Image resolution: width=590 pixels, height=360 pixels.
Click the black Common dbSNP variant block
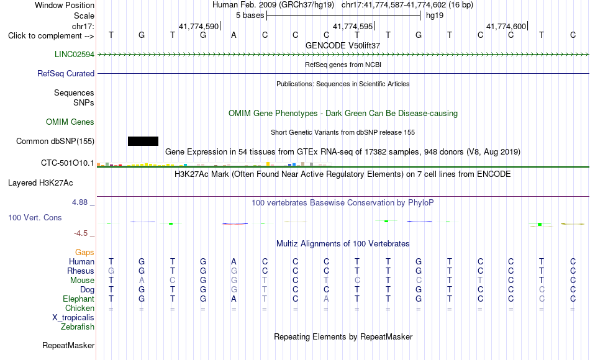point(143,141)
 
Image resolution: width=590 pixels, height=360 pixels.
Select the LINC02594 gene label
point(74,54)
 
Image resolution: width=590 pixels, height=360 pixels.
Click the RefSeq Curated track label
point(66,74)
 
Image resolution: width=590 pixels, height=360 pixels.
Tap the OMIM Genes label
point(70,122)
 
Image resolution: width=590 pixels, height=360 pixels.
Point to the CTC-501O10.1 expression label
point(67,163)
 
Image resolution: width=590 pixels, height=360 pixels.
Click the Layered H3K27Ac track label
point(40,183)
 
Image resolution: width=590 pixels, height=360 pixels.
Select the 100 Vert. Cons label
point(35,217)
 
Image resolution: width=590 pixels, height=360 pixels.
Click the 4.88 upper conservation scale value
point(79,202)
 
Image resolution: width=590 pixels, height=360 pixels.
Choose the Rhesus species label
point(81,271)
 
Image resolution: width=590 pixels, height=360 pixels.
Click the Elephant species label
point(79,299)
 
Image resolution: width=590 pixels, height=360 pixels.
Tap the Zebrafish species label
point(78,326)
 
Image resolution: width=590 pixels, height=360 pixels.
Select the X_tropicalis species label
point(73,318)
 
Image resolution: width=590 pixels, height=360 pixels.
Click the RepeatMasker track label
point(68,345)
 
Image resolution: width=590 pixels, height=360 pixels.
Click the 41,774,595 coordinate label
point(353,26)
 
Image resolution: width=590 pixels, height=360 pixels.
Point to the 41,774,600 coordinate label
point(506,26)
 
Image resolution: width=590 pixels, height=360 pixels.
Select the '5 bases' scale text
point(250,16)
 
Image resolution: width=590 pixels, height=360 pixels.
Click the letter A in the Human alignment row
point(234,261)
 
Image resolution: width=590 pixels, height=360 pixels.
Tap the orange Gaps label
point(84,253)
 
